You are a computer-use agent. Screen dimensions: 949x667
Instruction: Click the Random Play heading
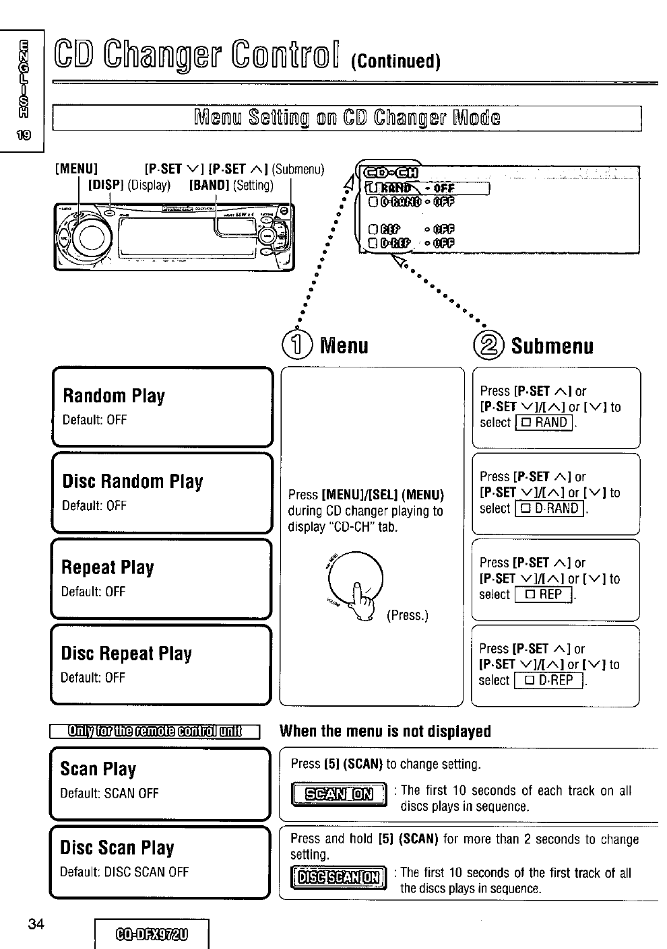pyautogui.click(x=113, y=395)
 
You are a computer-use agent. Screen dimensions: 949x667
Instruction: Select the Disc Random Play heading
pyautogui.click(x=132, y=481)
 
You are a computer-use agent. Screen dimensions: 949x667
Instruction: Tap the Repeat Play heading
pyautogui.click(x=107, y=567)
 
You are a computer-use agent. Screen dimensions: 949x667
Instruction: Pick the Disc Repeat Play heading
pyautogui.click(x=126, y=654)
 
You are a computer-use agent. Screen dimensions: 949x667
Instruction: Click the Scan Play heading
pyautogui.click(x=98, y=769)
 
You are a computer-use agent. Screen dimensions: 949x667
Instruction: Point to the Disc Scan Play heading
pyautogui.click(x=117, y=847)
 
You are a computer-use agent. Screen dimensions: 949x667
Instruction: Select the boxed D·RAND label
pyautogui.click(x=551, y=509)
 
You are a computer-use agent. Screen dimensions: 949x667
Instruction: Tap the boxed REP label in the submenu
pyautogui.click(x=543, y=595)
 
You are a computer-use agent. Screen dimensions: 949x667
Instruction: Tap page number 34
pyautogui.click(x=36, y=923)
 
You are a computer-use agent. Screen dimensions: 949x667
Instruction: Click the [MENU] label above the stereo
pyautogui.click(x=76, y=168)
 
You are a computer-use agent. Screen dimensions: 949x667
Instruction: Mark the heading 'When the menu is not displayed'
pyautogui.click(x=385, y=731)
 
